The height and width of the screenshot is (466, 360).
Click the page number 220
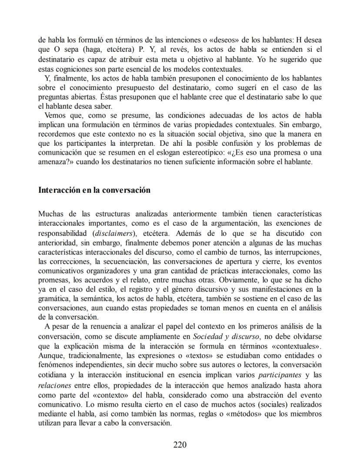click(x=180, y=445)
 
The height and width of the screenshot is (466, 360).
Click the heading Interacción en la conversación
click(x=94, y=190)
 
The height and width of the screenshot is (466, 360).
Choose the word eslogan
click(x=180, y=153)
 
